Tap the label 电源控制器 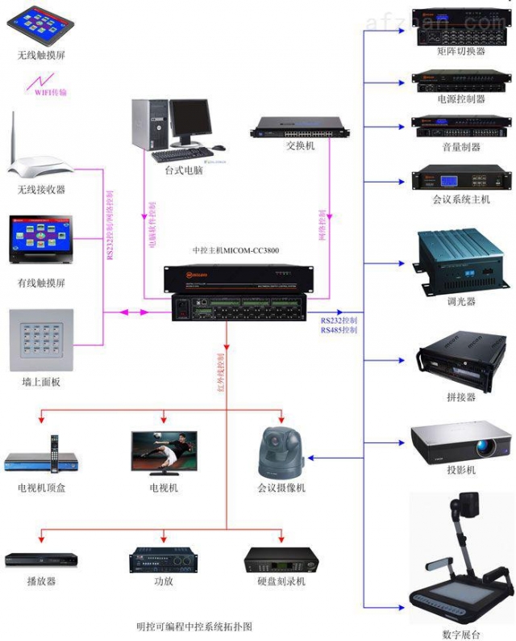tap(460, 98)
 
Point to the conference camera tap(280, 453)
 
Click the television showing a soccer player tap(164, 451)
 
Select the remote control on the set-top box tap(55, 454)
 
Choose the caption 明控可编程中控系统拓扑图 tap(200, 626)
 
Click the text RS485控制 tap(337, 330)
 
